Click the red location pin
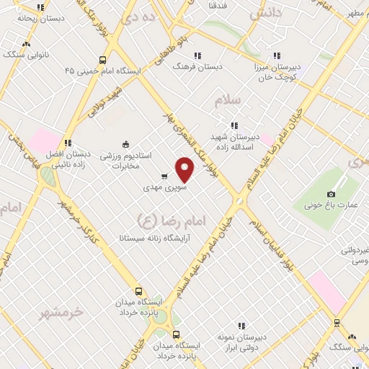(x=185, y=169)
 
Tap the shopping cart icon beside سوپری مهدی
(x=164, y=176)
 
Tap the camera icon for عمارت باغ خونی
(x=331, y=194)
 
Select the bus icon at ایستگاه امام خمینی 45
(x=103, y=61)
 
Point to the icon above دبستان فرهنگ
(x=197, y=55)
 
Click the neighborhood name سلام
(x=228, y=100)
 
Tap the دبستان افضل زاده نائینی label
(x=68, y=159)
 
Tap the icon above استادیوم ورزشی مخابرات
(x=125, y=143)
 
